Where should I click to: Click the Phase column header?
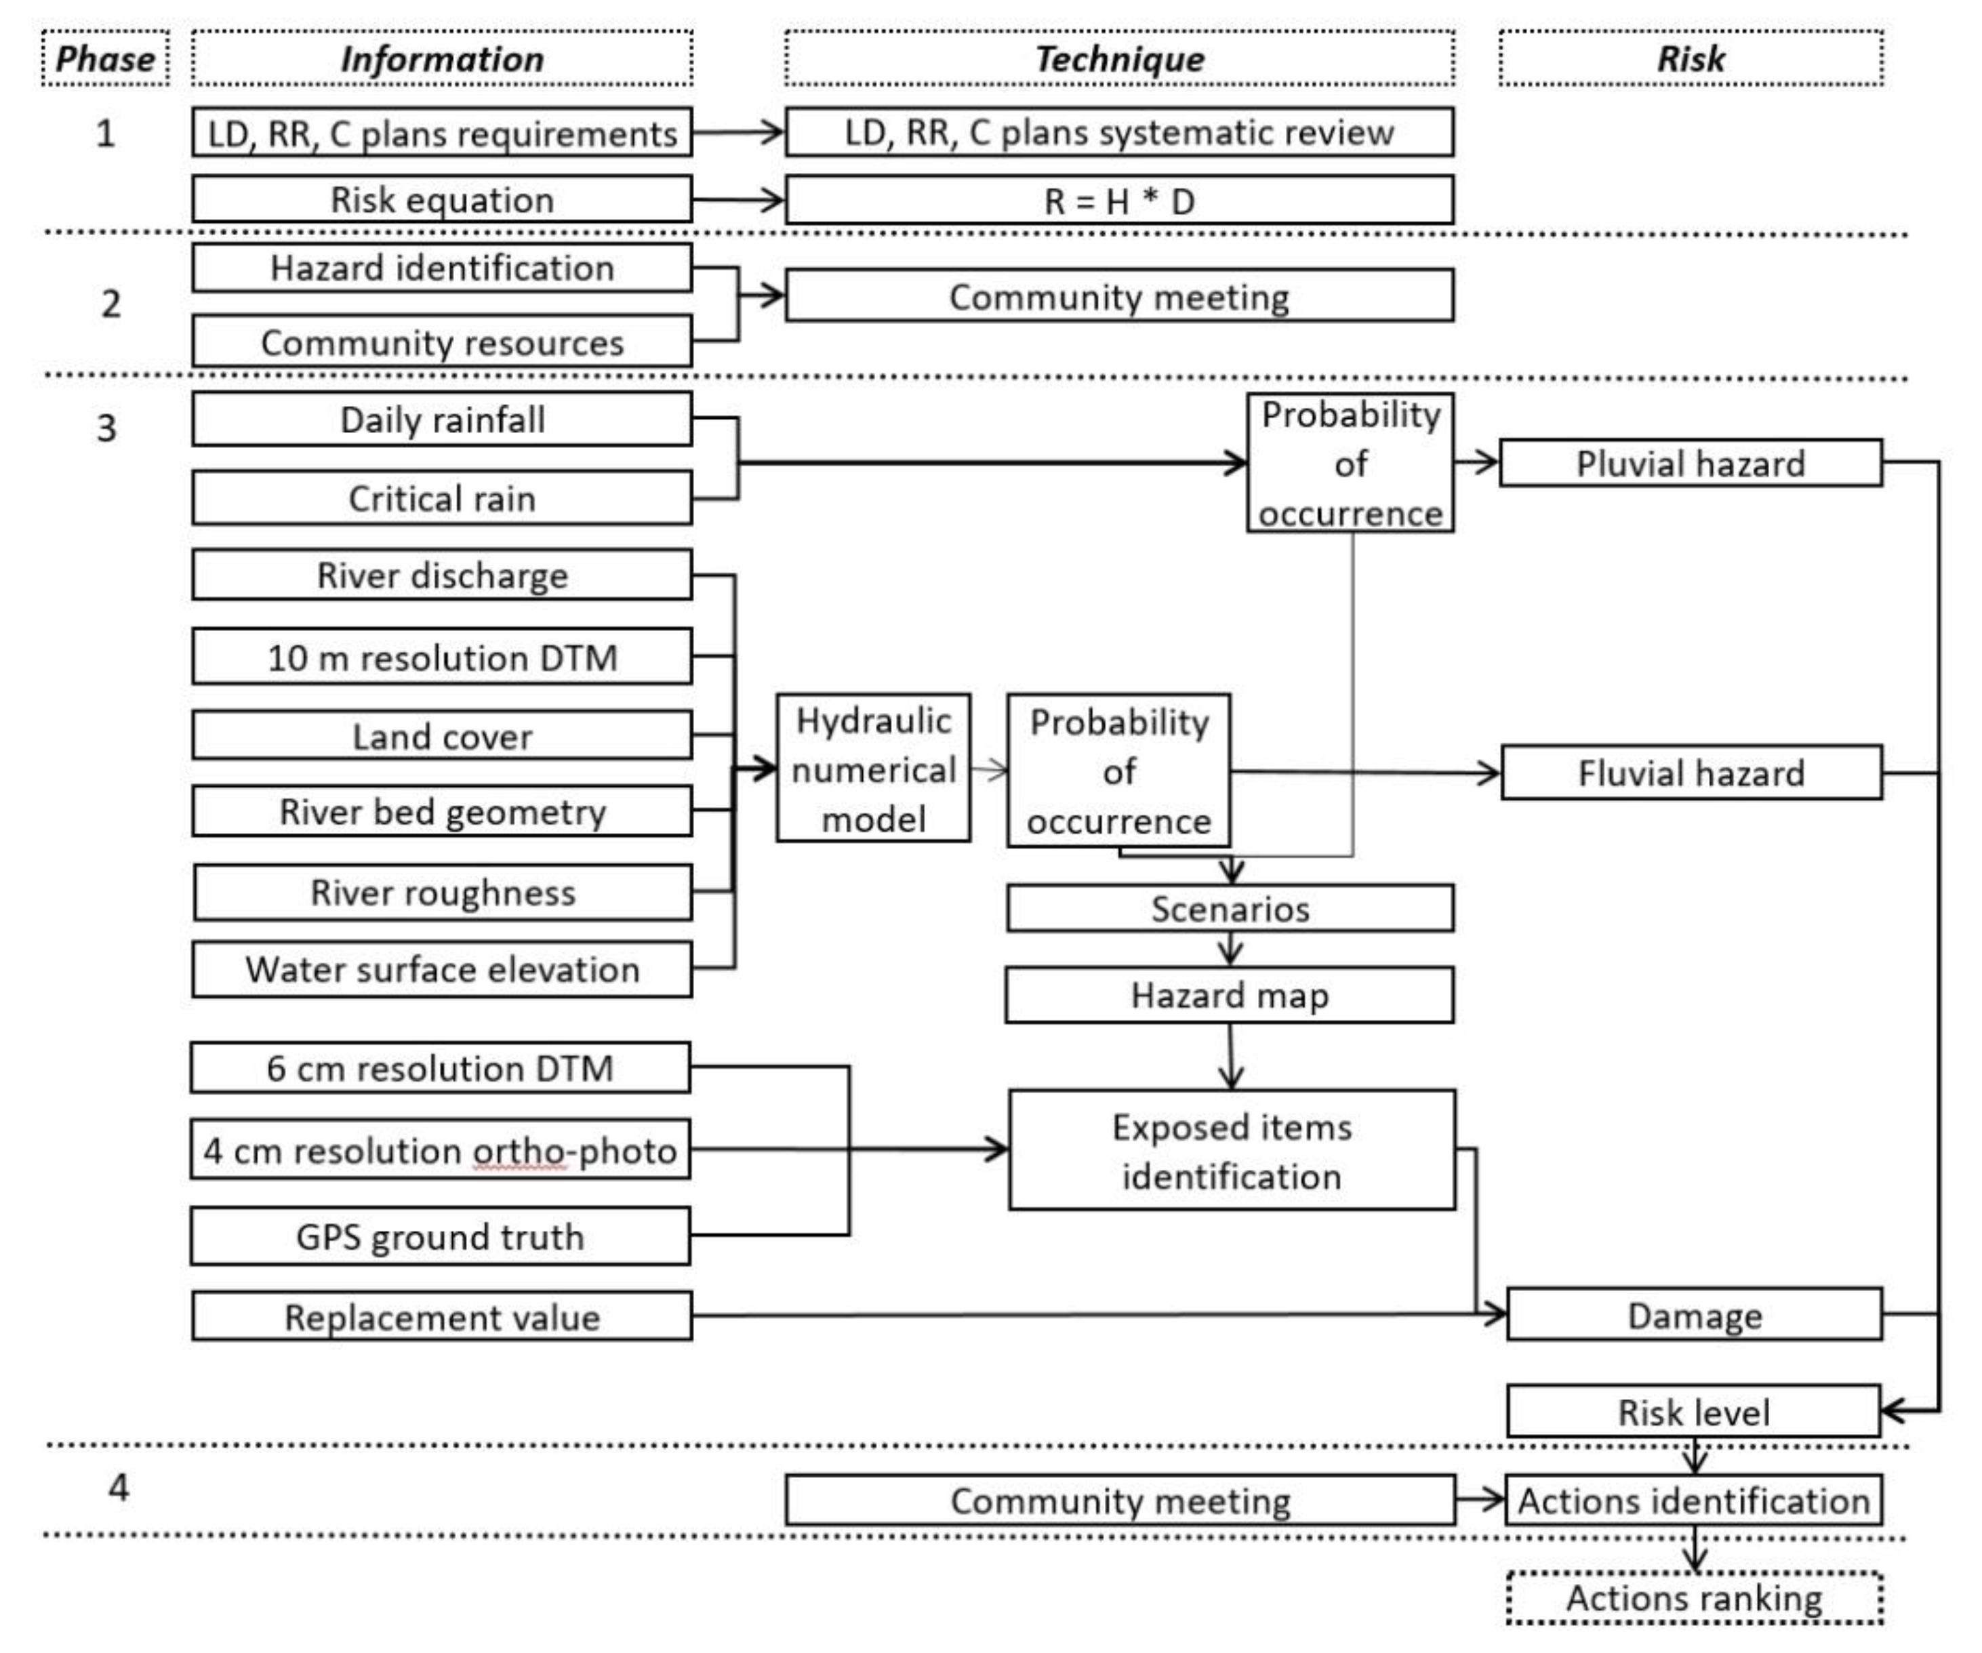pos(105,58)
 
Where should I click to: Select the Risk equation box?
pos(442,200)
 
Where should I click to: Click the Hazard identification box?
pos(442,268)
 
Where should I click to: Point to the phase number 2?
pos(110,304)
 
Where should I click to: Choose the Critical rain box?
pos(442,498)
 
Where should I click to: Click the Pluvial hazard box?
pos(1691,464)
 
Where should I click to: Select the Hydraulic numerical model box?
pos(873,769)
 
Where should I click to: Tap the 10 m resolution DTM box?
pos(442,657)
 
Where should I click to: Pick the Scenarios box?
pos(1230,909)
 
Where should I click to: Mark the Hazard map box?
pos(1230,996)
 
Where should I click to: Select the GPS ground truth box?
pos(440,1237)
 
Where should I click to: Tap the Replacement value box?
pos(442,1317)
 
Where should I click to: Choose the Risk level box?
pos(1693,1412)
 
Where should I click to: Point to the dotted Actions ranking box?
pos(1694,1598)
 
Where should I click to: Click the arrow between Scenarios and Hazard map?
pos(1230,949)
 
